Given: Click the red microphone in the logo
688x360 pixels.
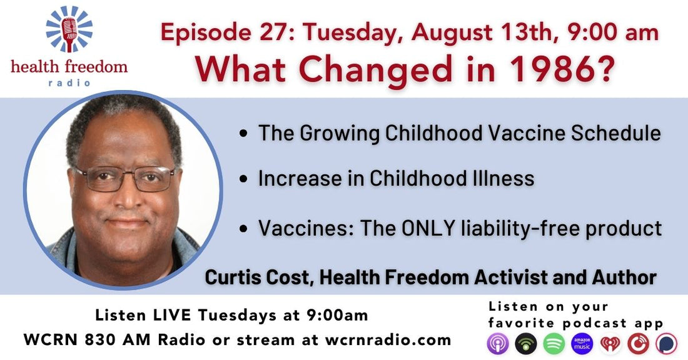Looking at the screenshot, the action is click(69, 33).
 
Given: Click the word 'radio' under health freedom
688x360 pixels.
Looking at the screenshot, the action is click(69, 82).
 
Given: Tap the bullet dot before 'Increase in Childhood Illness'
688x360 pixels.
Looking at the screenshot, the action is click(244, 179).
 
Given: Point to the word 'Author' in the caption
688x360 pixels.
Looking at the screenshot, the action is click(624, 277).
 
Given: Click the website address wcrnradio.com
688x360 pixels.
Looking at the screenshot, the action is click(388, 340).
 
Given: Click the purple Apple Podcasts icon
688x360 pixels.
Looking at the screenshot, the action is click(498, 344).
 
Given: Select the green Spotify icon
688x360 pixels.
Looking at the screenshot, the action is click(554, 344).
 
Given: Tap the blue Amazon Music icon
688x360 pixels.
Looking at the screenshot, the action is click(582, 344).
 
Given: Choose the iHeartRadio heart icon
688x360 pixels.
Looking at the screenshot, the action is click(610, 344).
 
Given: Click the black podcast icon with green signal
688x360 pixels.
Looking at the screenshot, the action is click(525, 344).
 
